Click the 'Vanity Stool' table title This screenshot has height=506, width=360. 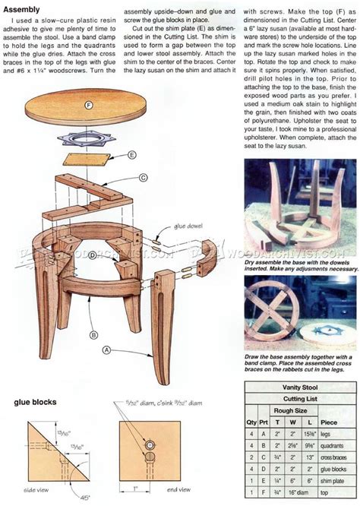(295, 387)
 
